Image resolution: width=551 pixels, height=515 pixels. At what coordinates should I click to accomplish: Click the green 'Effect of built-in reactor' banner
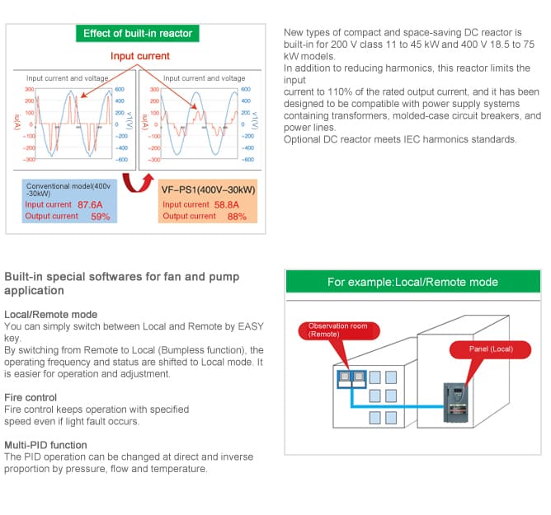pos(138,33)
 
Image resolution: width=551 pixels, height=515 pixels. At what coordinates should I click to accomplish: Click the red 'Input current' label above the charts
pos(140,56)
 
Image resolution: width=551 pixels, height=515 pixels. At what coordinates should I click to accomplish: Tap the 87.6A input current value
pos(90,204)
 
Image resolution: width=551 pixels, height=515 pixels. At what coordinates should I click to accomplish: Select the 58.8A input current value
pos(227,204)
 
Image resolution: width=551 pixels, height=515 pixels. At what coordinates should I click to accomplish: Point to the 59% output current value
pos(101,216)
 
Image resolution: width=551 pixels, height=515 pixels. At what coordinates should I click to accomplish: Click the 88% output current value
pos(237,216)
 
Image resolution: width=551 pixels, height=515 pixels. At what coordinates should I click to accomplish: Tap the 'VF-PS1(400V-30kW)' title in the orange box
pos(209,190)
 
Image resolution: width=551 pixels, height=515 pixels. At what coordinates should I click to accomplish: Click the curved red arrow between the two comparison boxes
pos(138,183)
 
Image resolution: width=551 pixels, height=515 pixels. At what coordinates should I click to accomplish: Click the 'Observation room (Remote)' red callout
pos(339,330)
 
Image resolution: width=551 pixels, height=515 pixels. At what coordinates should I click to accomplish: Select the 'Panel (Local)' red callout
pos(491,349)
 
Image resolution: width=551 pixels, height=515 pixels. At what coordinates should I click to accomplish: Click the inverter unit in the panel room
pos(456,403)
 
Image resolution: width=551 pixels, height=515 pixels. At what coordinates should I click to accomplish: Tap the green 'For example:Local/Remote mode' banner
pos(413,282)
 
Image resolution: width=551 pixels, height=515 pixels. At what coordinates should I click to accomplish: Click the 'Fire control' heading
pos(31,397)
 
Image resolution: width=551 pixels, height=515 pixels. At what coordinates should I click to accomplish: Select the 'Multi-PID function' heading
pos(45,445)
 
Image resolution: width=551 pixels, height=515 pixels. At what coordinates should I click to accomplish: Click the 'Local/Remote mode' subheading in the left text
pos(51,314)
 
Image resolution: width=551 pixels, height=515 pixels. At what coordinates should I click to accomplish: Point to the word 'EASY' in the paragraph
pos(251,326)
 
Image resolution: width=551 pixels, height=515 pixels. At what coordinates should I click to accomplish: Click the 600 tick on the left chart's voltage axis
pos(120,89)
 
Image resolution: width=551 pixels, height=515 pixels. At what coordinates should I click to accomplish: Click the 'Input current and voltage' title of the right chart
pos(205,78)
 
